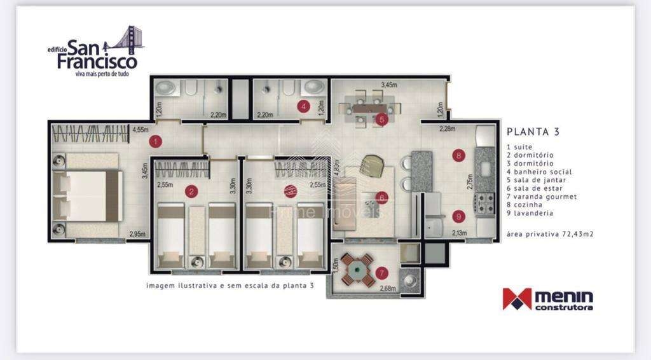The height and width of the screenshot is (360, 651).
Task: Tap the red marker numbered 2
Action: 190,191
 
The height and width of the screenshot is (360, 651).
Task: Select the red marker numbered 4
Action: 304,107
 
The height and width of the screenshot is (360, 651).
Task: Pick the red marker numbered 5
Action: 381,119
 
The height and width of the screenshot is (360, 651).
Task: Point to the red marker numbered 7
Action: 381,273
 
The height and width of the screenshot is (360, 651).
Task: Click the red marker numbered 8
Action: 458,155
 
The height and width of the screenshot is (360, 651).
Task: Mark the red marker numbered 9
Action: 458,216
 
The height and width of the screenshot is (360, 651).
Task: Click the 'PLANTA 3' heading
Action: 533,132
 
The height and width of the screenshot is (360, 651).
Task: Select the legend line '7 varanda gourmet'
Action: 541,197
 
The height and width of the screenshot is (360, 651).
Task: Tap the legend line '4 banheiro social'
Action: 539,172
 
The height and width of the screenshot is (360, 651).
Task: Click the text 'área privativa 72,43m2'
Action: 550,234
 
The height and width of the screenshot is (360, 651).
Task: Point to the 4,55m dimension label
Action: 140,130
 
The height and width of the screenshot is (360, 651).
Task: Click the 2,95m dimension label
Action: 137,233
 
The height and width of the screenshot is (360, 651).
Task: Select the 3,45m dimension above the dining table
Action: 389,84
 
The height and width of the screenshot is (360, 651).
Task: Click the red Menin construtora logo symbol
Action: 516,299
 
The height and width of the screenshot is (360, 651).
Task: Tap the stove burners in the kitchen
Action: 485,204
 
